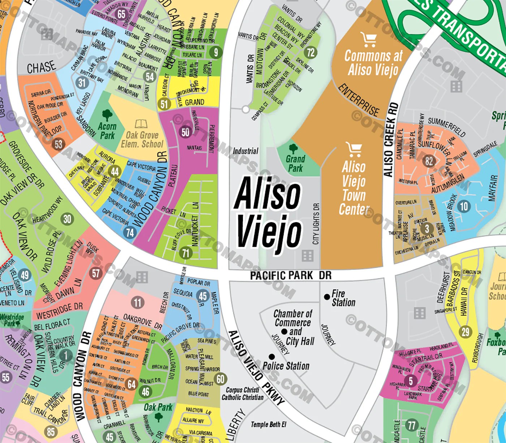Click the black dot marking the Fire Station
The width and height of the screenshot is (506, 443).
pyautogui.click(x=327, y=297)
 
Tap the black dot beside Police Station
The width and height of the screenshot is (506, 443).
pyautogui.click(x=271, y=357)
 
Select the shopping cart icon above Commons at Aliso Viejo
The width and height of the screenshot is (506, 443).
pyautogui.click(x=369, y=40)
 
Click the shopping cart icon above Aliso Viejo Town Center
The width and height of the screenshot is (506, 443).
pyautogui.click(x=353, y=149)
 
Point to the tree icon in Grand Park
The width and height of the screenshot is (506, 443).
pyautogui.click(x=293, y=148)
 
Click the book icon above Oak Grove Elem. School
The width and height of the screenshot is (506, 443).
pyautogui.click(x=141, y=124)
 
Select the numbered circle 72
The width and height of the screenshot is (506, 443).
pyautogui.click(x=311, y=53)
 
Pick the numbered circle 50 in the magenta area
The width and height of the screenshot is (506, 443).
pyautogui.click(x=185, y=132)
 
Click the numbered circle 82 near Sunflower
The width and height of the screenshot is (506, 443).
pyautogui.click(x=429, y=161)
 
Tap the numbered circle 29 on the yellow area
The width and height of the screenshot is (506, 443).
pyautogui.click(x=466, y=331)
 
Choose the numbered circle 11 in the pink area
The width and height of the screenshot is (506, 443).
pyautogui.click(x=137, y=302)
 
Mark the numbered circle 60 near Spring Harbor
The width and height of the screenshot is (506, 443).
pyautogui.click(x=220, y=379)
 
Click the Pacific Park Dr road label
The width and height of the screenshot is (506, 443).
pyautogui.click(x=291, y=275)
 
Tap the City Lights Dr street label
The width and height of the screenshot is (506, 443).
pyautogui.click(x=316, y=224)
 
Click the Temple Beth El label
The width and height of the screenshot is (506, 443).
pyautogui.click(x=268, y=425)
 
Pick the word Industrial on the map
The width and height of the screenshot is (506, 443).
pyautogui.click(x=246, y=151)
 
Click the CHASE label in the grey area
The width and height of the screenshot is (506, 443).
pyautogui.click(x=41, y=67)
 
